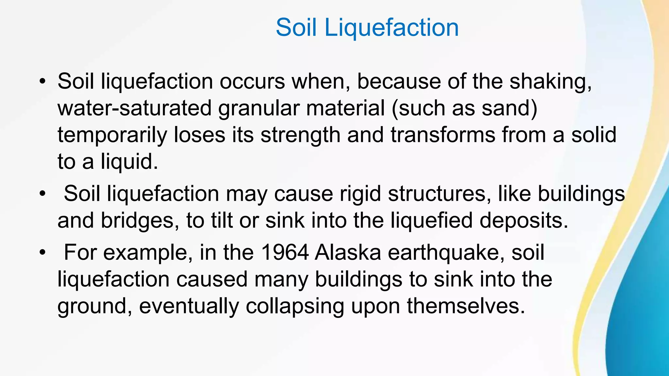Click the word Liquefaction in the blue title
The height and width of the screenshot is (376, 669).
click(391, 28)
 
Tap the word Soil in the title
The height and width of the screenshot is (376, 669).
click(296, 28)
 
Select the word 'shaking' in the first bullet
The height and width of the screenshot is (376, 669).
click(550, 82)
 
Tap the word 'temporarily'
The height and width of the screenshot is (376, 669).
click(112, 135)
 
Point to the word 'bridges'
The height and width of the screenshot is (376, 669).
click(137, 221)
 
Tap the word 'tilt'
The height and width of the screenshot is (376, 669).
click(222, 221)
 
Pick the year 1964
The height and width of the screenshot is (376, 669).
click(285, 253)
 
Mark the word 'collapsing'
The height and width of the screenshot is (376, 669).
click(295, 306)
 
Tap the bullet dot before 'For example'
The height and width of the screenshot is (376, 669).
click(42, 253)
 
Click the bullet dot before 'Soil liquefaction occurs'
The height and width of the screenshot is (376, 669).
click(42, 82)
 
